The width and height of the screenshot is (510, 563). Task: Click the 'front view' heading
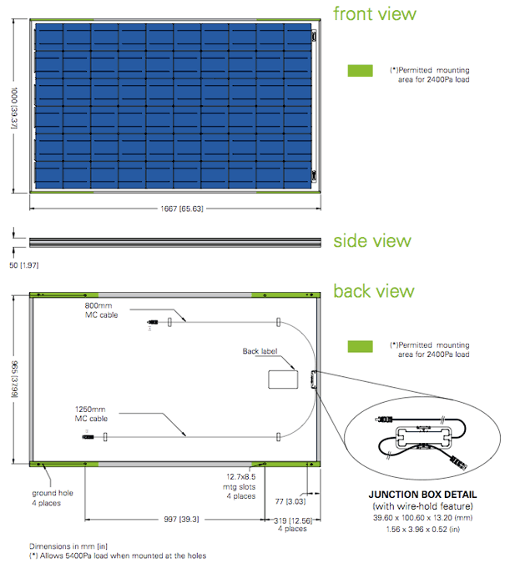[x=374, y=14]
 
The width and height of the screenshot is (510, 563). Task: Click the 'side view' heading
[x=372, y=241]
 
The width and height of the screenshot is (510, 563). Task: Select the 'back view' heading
[x=373, y=291]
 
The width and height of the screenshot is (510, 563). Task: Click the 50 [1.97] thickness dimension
[x=24, y=265]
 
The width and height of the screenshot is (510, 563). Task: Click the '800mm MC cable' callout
[x=101, y=311]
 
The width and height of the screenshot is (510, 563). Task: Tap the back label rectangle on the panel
[x=283, y=378]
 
